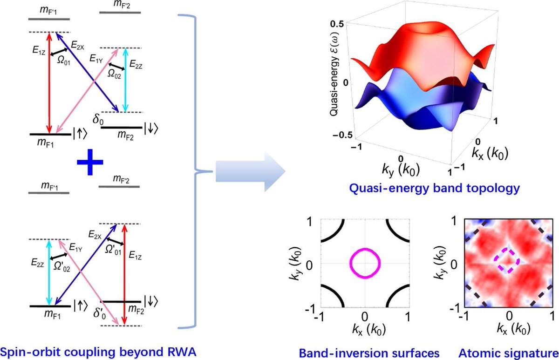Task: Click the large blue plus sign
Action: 89,165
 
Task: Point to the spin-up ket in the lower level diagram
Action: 79,306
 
